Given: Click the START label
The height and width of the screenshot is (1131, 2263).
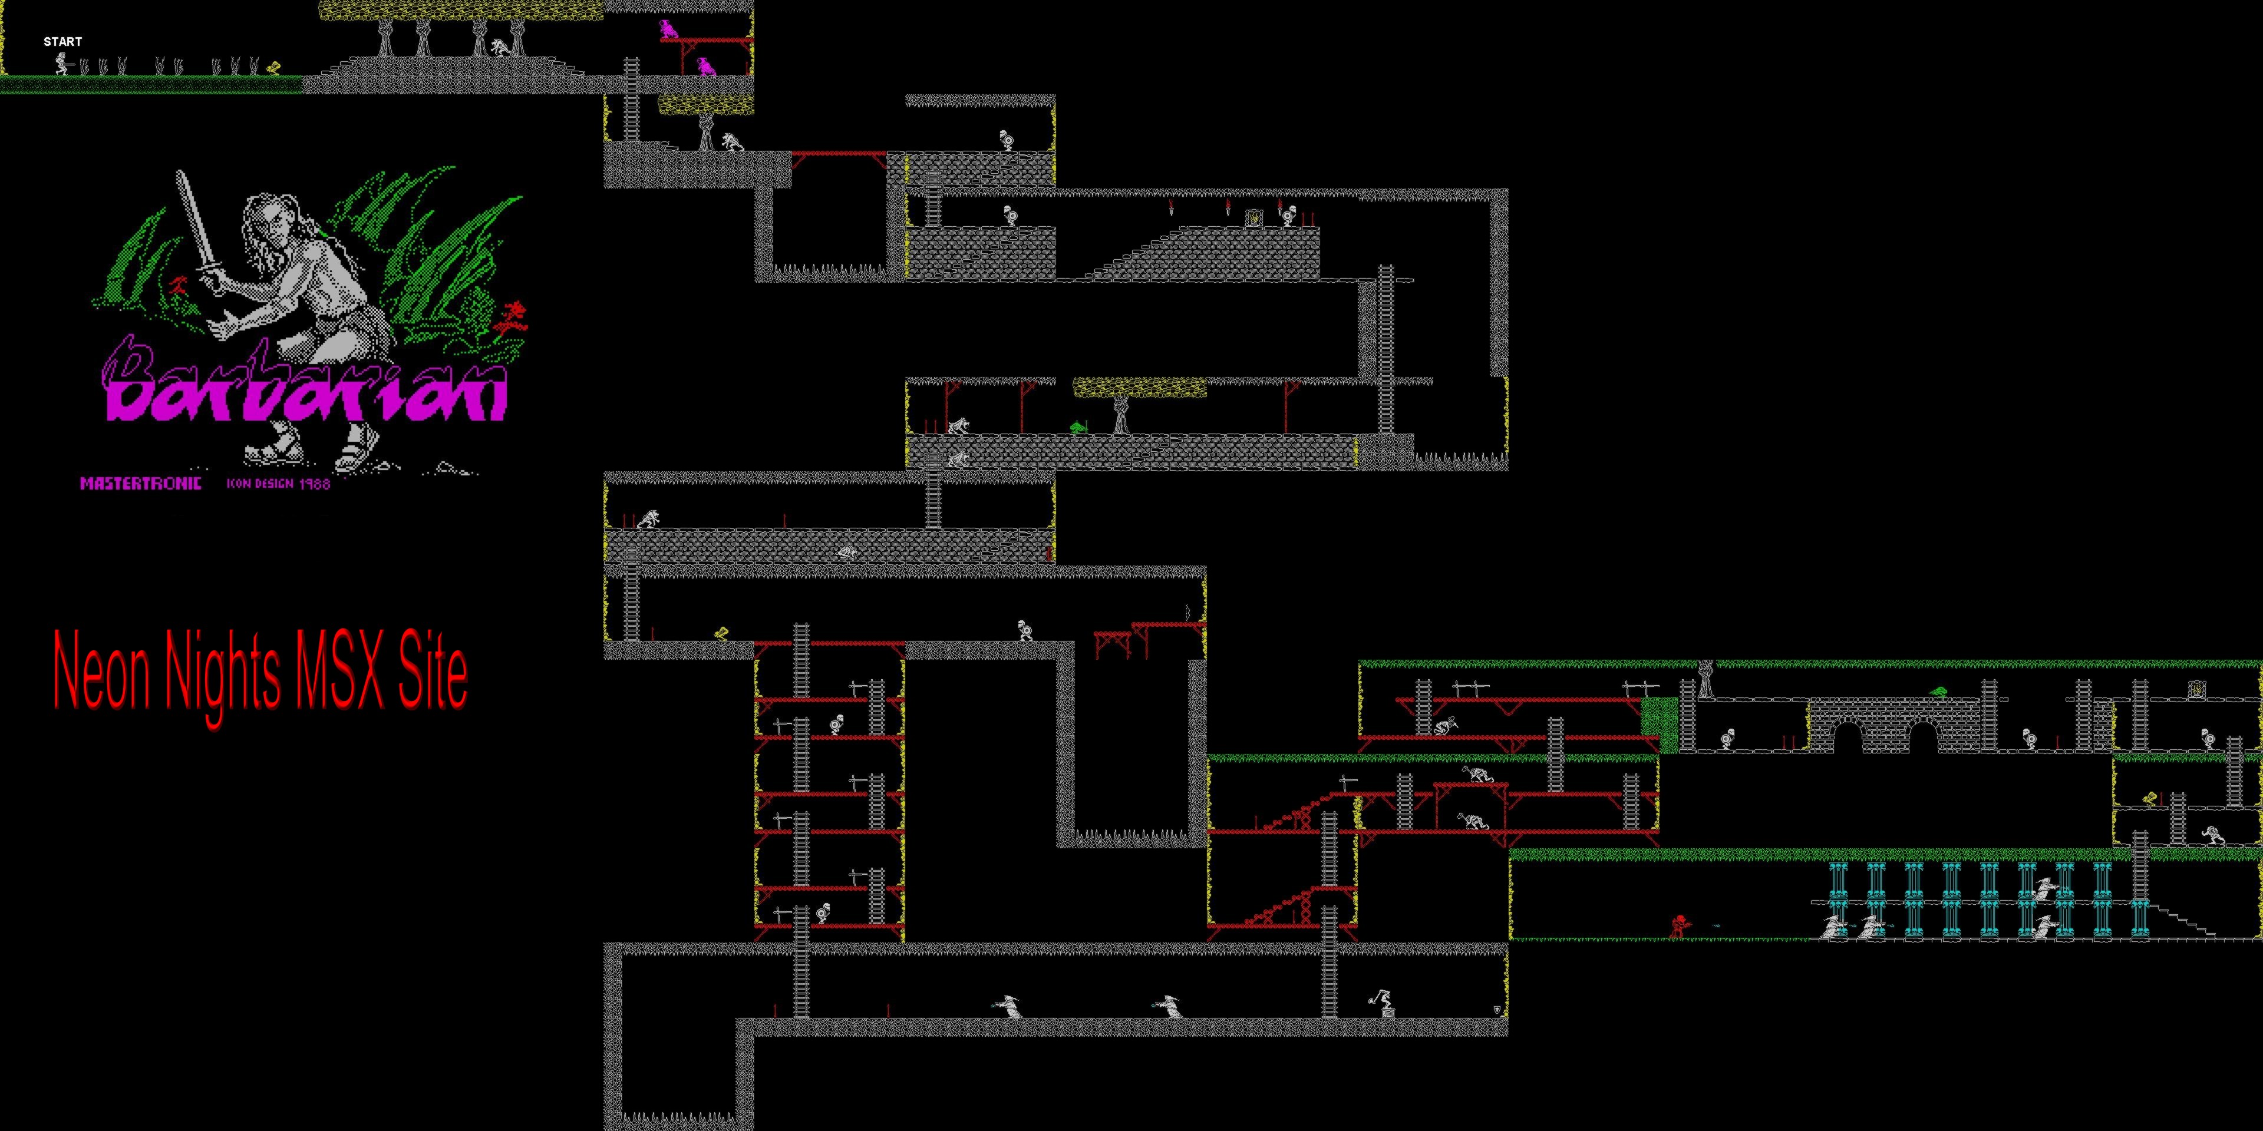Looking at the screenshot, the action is (x=62, y=41).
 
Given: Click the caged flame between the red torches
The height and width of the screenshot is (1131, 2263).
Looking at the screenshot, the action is (x=1253, y=217).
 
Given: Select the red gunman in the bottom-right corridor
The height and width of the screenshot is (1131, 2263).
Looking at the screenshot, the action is (x=1680, y=927).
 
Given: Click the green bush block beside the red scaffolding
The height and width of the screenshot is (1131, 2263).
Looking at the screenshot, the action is (x=1660, y=725).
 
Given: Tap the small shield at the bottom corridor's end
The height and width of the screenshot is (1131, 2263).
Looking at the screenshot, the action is (x=1497, y=1010).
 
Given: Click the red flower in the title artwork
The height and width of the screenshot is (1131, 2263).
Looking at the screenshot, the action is (x=510, y=320).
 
